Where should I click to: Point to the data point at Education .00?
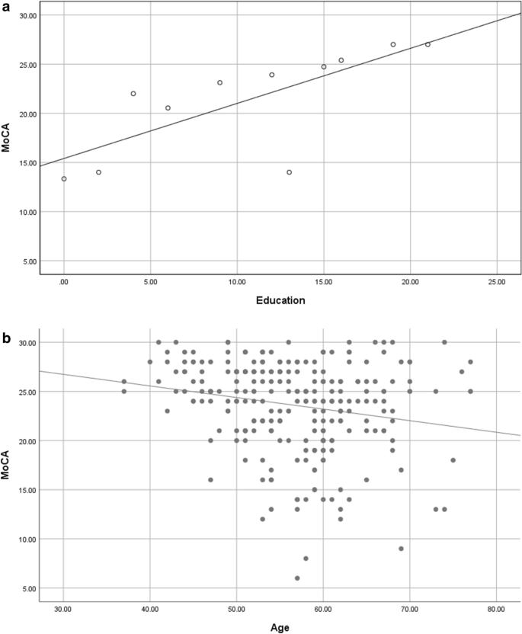pyautogui.click(x=64, y=179)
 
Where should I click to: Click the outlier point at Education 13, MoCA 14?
pyautogui.click(x=290, y=172)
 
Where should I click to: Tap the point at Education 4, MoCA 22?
pyautogui.click(x=133, y=94)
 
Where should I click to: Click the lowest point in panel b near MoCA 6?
pyautogui.click(x=297, y=578)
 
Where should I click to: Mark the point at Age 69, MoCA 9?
pyautogui.click(x=401, y=549)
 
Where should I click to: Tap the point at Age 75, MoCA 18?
pyautogui.click(x=453, y=460)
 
